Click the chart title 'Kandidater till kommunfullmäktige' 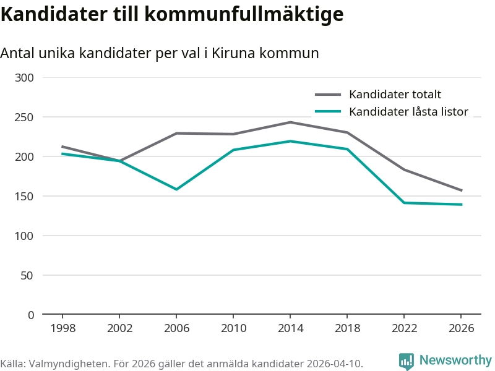[171, 15]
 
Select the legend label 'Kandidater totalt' [395, 95]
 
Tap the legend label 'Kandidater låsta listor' [408, 112]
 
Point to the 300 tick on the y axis [25, 77]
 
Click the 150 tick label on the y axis [25, 196]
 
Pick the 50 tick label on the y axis [28, 275]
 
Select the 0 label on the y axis [31, 315]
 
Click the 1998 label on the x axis [62, 328]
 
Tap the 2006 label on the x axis [176, 328]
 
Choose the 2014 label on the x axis [290, 328]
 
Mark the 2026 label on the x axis [461, 328]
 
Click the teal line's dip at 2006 [176, 189]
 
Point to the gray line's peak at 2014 [290, 122]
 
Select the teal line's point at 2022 [404, 203]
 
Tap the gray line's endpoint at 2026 [461, 190]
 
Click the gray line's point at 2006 [176, 133]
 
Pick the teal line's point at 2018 [347, 149]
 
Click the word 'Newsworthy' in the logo [455, 360]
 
